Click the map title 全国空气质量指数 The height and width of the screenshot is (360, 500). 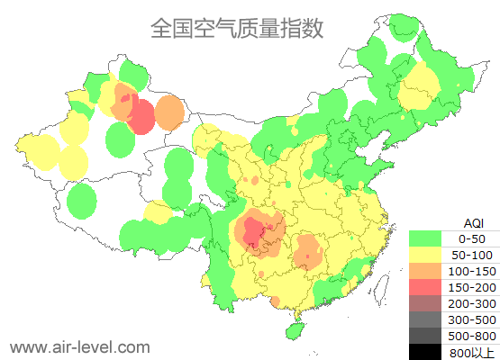tap(237, 29)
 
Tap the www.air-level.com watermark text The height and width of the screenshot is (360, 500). tap(79, 346)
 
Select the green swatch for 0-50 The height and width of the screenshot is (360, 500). tap(425, 238)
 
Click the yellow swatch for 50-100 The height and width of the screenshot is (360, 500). tap(425, 255)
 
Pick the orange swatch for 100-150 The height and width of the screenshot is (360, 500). tap(425, 271)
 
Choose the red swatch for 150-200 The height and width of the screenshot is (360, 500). tap(425, 287)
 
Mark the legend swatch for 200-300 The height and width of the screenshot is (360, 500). tap(425, 303)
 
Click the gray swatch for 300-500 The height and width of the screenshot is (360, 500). tap(425, 319)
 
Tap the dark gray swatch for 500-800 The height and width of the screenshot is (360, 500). tap(425, 336)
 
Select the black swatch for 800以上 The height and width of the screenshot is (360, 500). tap(425, 351)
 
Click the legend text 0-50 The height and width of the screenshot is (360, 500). tap(471, 238)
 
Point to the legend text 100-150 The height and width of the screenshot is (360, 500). tap(471, 271)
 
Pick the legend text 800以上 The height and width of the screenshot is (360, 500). tap(471, 352)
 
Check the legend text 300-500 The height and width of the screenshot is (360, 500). tap(471, 319)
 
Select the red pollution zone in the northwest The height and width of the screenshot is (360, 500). tap(141, 116)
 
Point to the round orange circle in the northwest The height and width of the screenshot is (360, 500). tap(169, 112)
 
